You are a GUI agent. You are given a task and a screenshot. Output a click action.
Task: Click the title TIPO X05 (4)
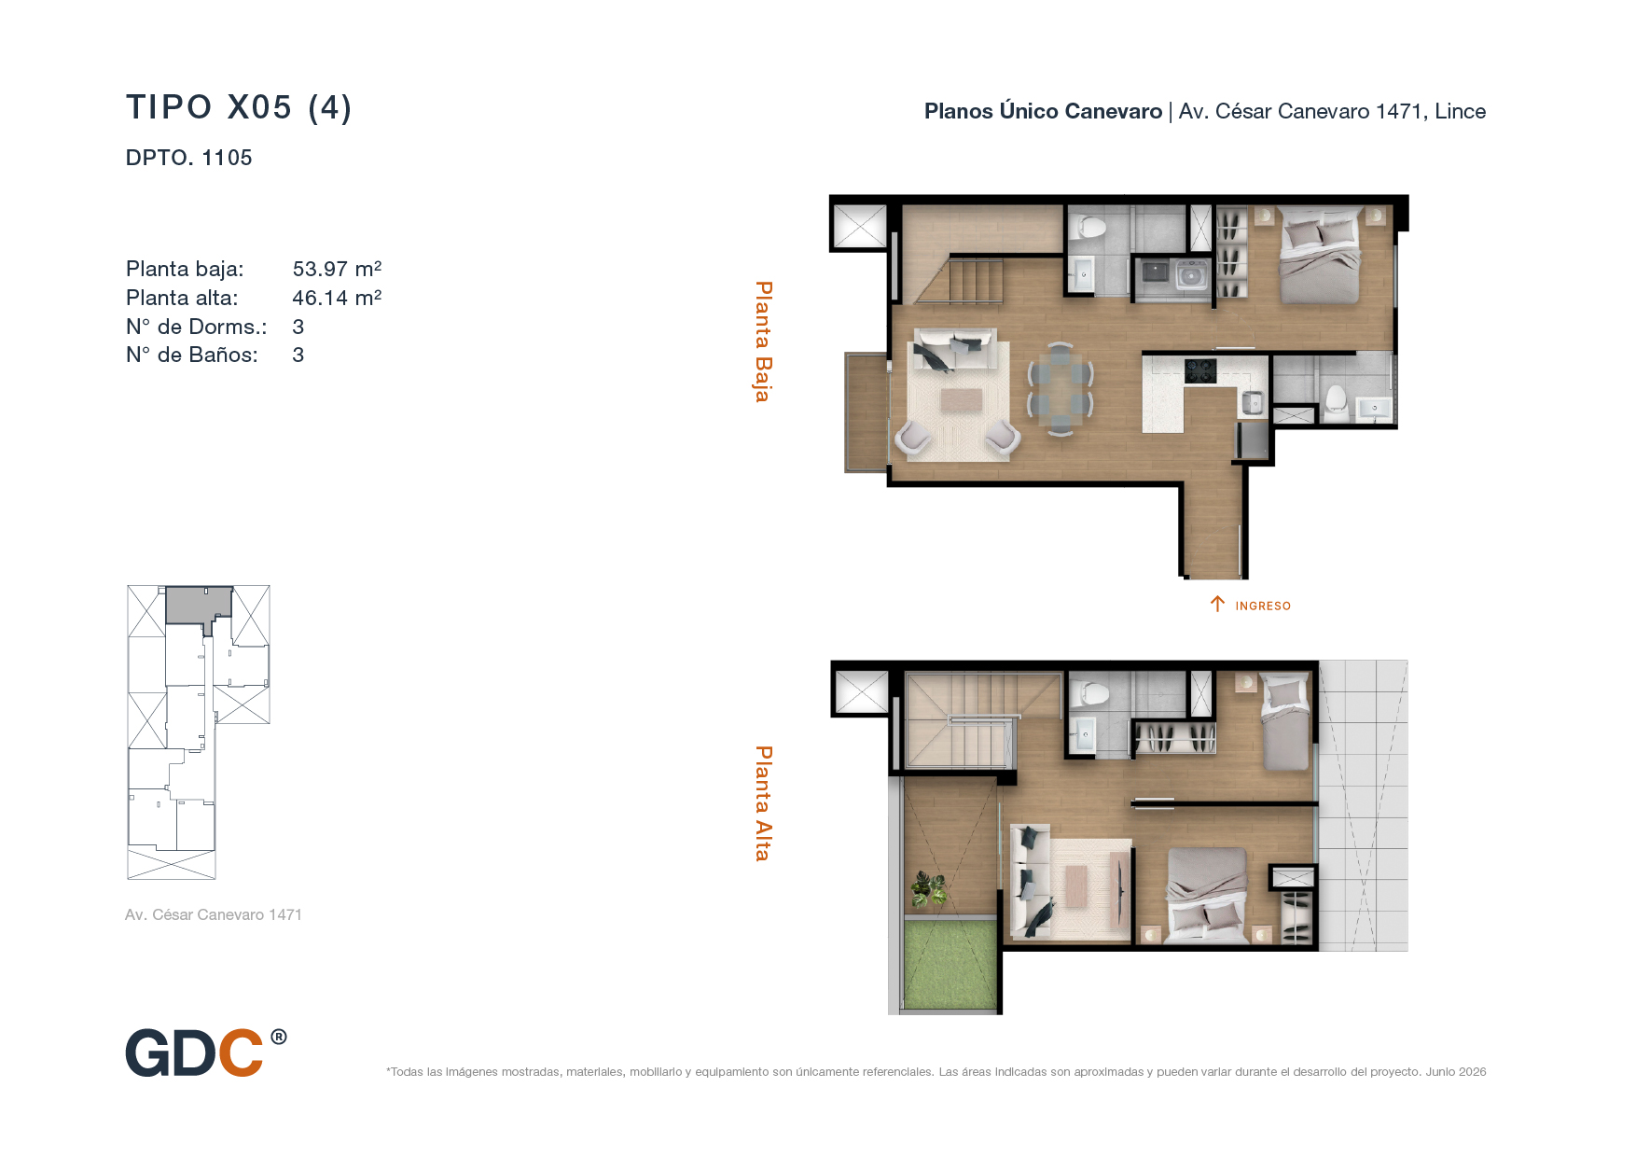click(x=239, y=107)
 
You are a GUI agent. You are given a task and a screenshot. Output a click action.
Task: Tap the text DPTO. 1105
click(x=188, y=158)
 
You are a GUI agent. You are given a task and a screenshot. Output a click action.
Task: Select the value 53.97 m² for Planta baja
click(x=337, y=269)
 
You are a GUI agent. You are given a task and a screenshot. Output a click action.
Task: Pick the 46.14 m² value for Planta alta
click(x=337, y=298)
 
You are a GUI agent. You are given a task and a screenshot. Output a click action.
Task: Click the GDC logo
click(x=206, y=1052)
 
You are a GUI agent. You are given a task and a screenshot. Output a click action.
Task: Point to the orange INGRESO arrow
click(x=1217, y=604)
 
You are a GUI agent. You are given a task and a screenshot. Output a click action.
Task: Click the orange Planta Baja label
click(x=763, y=342)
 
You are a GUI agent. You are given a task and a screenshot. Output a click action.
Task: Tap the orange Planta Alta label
click(x=763, y=803)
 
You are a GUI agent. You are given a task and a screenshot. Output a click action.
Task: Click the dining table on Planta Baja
click(x=1061, y=388)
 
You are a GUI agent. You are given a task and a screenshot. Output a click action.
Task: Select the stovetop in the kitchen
click(x=1200, y=370)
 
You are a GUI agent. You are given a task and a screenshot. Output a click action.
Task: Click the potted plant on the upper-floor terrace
click(x=929, y=888)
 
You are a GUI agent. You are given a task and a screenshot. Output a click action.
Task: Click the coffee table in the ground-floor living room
click(x=961, y=400)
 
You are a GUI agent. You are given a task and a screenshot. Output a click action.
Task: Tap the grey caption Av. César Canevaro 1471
click(x=214, y=914)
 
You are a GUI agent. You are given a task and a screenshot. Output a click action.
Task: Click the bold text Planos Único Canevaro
click(x=1043, y=111)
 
